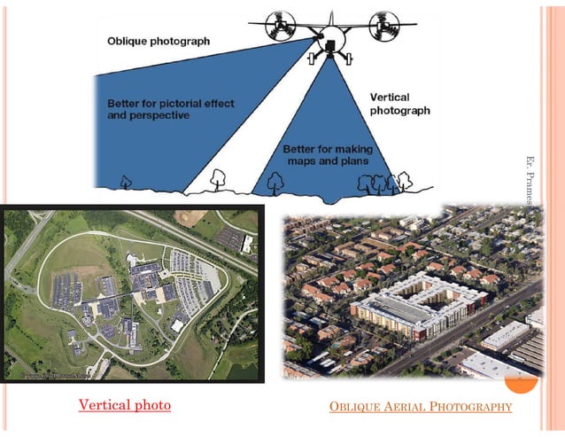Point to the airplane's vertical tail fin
click(x=330, y=18)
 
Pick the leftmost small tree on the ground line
click(x=125, y=182)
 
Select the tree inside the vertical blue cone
click(x=275, y=183)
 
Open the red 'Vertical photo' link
click(x=124, y=405)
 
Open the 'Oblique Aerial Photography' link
click(x=420, y=407)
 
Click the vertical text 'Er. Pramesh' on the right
click(x=530, y=181)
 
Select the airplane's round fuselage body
click(x=330, y=38)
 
